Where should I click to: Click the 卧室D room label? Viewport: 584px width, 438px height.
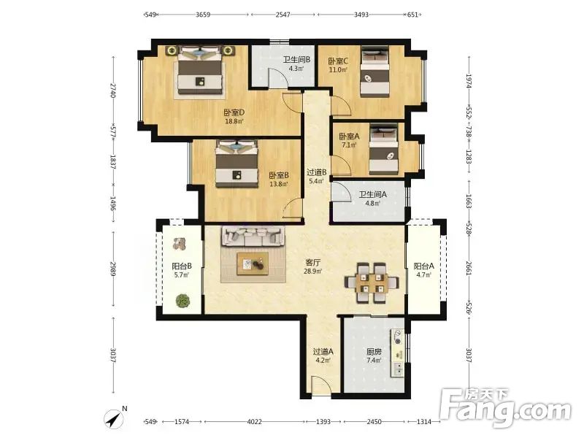[x=234, y=112]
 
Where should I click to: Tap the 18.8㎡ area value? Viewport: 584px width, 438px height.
[x=234, y=121]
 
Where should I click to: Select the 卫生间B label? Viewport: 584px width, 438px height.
[x=296, y=60]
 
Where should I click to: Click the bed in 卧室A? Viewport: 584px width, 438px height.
[x=384, y=149]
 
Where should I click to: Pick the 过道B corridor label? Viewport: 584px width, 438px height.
[x=317, y=172]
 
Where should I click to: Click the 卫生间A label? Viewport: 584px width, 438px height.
[x=372, y=194]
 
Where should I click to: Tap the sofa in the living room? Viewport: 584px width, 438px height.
[x=253, y=236]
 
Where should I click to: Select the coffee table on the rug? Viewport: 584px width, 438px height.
[x=253, y=264]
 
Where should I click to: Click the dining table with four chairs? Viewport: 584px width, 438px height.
[x=372, y=283]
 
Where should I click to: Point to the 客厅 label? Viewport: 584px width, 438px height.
[x=313, y=263]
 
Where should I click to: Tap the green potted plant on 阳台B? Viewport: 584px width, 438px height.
[x=183, y=301]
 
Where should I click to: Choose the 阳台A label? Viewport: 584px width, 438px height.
[x=424, y=266]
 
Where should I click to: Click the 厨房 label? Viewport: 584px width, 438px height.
[x=374, y=352]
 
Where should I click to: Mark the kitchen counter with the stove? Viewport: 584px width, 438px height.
[x=397, y=353]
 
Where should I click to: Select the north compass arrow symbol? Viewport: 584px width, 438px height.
[x=114, y=419]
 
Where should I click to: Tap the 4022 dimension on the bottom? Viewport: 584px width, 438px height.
[x=254, y=422]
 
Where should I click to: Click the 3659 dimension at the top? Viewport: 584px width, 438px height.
[x=203, y=15]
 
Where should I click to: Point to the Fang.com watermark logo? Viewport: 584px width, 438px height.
[x=506, y=408]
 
